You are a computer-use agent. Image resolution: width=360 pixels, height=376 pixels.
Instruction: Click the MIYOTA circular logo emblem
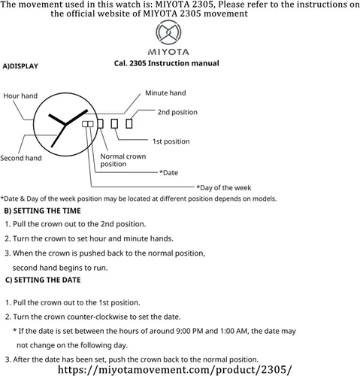click(x=168, y=33)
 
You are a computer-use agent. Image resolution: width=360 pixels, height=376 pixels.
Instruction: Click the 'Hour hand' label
click(x=20, y=96)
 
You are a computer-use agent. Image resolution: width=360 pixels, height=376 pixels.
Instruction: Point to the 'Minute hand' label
click(x=165, y=93)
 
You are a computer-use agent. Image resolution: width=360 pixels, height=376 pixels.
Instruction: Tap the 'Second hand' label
click(x=21, y=158)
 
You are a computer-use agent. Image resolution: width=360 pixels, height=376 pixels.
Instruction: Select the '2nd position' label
click(x=177, y=112)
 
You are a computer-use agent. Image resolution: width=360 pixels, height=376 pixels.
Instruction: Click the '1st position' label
click(x=171, y=141)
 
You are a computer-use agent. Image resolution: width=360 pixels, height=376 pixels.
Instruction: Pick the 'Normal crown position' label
click(x=123, y=160)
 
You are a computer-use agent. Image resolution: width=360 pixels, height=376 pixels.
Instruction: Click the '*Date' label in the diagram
click(x=168, y=173)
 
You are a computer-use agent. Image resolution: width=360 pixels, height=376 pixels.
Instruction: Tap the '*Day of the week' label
click(x=224, y=188)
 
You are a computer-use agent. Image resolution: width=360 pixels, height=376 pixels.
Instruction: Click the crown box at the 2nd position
click(x=129, y=123)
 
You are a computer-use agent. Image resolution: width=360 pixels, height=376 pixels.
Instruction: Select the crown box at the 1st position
click(x=114, y=123)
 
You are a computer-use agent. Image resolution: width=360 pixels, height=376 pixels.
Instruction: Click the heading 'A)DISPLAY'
click(x=20, y=66)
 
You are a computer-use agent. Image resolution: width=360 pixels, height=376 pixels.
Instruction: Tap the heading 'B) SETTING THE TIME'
click(x=43, y=211)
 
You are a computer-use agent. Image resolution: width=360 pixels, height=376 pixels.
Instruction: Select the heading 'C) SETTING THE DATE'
click(x=43, y=280)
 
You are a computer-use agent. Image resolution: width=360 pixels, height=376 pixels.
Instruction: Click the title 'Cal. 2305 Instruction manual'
click(x=167, y=63)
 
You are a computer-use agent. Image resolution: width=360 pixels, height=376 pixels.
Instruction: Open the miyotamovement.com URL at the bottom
click(x=175, y=370)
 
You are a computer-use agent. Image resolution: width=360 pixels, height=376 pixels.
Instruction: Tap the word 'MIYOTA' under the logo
click(x=168, y=52)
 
